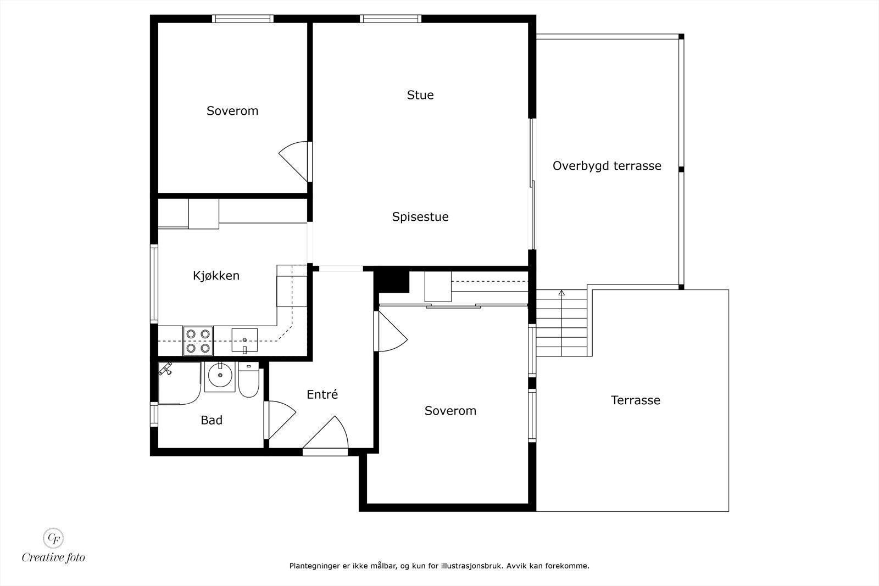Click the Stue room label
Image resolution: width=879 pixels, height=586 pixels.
[x=420, y=95]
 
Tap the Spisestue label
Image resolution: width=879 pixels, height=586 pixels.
[x=420, y=217]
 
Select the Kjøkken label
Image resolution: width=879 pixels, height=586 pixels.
[x=216, y=276]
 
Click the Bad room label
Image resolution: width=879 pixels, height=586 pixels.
[x=212, y=421]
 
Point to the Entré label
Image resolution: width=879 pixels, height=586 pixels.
[x=322, y=394]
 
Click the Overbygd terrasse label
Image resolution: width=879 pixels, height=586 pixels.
[x=607, y=166]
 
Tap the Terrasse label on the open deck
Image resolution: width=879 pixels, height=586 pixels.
[x=636, y=400]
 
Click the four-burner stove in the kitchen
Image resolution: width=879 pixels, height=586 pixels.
[x=198, y=341]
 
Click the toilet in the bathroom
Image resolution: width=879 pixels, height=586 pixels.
[x=248, y=381]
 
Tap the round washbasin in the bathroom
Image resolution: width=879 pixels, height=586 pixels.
[x=220, y=376]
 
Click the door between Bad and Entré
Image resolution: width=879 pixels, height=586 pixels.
[x=281, y=420]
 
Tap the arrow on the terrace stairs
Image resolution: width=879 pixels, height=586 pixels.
[x=561, y=294]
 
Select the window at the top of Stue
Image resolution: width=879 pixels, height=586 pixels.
[x=391, y=19]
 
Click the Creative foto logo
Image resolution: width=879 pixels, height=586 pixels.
[x=53, y=545]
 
